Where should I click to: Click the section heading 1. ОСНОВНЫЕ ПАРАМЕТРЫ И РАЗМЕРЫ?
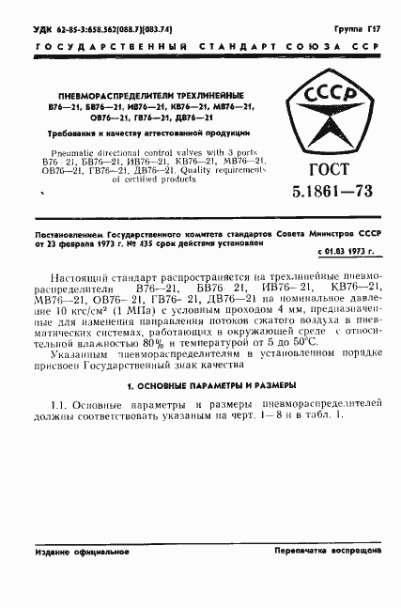[200, 385]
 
